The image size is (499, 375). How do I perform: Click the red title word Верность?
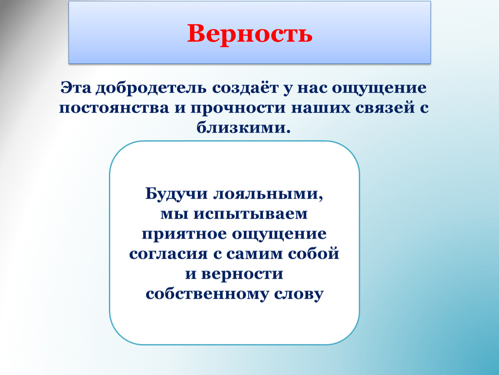[x=249, y=34]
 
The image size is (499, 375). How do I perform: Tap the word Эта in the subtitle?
[x=76, y=88]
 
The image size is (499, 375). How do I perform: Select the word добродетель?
[x=151, y=88]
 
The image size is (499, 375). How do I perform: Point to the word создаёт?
[x=245, y=88]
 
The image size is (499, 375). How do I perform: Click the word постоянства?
[x=114, y=108]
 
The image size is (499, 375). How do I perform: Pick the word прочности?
[x=238, y=109]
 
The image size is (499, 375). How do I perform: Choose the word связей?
[x=385, y=108]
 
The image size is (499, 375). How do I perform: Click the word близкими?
[x=243, y=127]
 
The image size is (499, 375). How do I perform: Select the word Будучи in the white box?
[x=176, y=194]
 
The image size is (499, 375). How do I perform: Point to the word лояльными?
[x=268, y=194]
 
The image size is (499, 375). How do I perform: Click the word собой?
[x=313, y=253]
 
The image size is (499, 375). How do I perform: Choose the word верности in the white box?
[x=242, y=274]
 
